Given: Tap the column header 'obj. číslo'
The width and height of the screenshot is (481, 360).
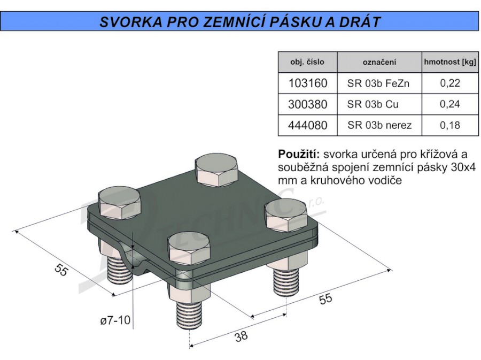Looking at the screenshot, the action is click(307, 62).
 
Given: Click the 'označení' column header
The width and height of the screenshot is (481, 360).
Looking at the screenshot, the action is click(379, 62).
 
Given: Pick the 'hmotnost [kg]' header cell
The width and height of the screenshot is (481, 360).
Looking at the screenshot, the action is click(450, 62).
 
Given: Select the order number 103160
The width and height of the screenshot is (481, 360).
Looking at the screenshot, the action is click(308, 83).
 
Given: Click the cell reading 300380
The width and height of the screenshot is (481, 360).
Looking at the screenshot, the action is click(308, 104).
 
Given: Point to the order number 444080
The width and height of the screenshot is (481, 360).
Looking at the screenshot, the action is click(308, 125).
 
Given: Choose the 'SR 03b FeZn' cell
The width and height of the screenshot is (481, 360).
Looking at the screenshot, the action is click(378, 83).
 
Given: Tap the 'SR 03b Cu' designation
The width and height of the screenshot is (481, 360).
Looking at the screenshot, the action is click(373, 104).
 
